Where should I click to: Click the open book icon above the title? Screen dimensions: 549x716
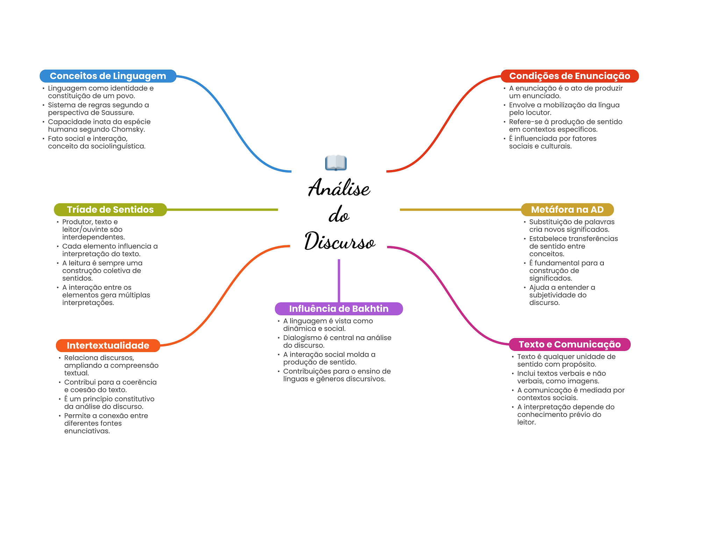pos(336,163)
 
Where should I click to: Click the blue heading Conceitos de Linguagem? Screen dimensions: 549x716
pos(108,76)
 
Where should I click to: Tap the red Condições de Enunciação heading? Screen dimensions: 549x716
pos(570,76)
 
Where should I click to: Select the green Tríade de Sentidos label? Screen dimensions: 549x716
pos(110,210)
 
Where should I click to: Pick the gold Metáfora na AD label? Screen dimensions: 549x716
pos(567,210)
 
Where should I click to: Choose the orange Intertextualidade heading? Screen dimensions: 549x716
pos(108,345)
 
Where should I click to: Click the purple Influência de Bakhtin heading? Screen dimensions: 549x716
pos(339,309)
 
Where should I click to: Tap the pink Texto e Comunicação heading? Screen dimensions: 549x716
pos(570,344)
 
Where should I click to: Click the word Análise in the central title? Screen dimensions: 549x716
pos(339,188)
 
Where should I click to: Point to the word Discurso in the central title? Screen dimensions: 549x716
pos(339,241)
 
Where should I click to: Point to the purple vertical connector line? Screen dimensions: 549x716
pos(339,280)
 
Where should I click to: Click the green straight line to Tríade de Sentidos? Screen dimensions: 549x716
pos(222,210)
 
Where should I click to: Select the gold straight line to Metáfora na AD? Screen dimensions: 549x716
pos(460,210)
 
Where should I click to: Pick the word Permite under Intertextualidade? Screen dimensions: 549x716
pos(77,416)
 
